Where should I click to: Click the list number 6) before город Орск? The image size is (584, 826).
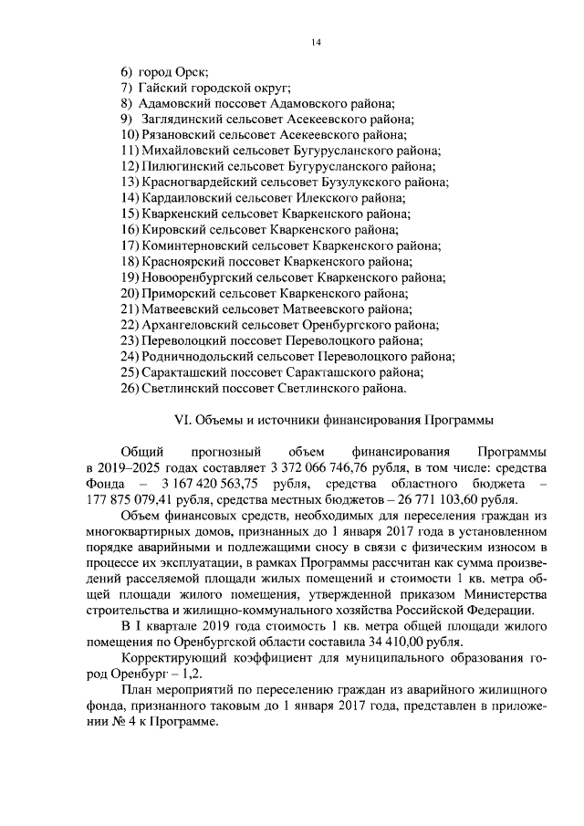[127, 71]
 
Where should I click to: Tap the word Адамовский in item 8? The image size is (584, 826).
[176, 103]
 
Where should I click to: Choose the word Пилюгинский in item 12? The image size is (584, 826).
[180, 166]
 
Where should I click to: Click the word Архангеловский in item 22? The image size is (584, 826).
[190, 325]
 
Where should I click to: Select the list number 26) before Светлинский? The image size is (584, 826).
[129, 388]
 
